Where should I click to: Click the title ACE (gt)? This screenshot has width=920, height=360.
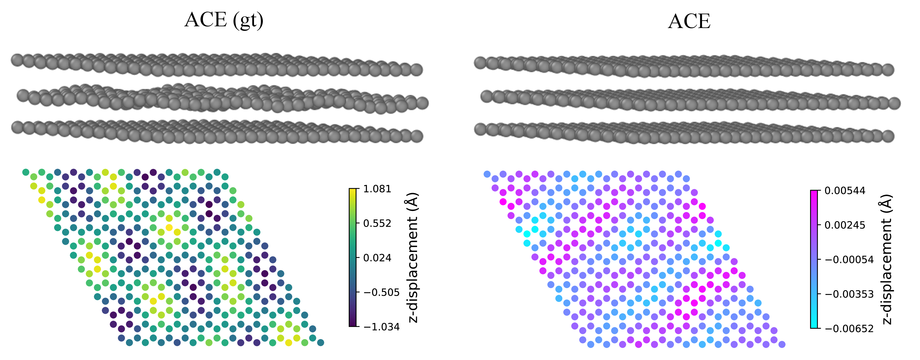point(224,20)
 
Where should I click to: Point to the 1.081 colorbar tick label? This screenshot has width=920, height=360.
point(377,189)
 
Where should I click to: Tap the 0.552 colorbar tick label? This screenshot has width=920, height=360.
point(377,224)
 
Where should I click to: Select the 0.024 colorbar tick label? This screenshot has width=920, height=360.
point(377,258)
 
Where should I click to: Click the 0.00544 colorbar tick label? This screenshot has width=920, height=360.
point(845,191)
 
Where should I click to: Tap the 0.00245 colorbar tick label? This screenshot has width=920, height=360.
point(845,225)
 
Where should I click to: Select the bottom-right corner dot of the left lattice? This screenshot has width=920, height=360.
point(320,343)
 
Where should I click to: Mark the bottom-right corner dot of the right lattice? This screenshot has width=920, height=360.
point(782,344)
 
